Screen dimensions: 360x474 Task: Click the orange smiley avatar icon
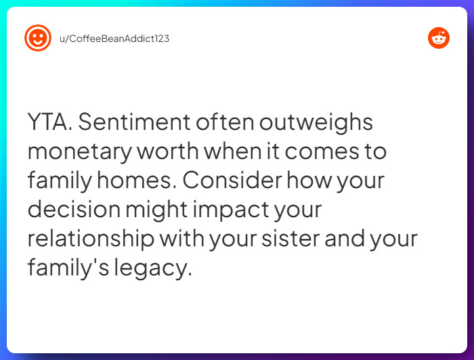[38, 38]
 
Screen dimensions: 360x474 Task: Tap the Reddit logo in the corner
[439, 38]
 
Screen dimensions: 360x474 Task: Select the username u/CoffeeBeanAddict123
[114, 39]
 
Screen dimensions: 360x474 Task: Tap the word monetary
[79, 152]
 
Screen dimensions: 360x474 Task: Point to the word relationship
[89, 239]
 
